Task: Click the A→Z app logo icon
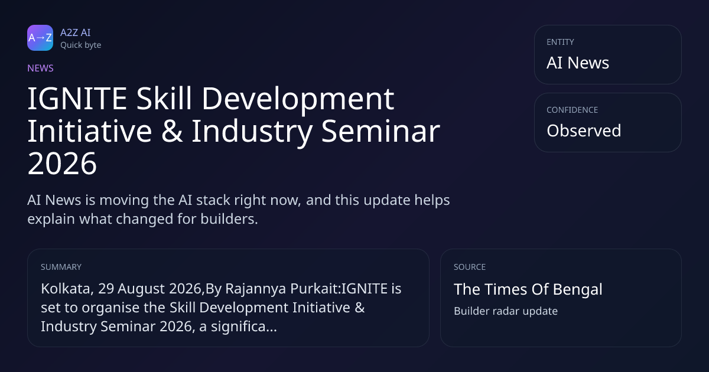click(x=40, y=38)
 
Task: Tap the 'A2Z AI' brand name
click(x=76, y=32)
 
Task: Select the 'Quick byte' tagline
click(x=81, y=45)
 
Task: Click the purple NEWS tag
click(x=40, y=68)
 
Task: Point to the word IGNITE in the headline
click(x=77, y=99)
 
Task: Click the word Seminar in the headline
click(x=380, y=131)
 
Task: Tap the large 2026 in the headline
click(x=62, y=164)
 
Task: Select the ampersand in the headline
click(x=172, y=131)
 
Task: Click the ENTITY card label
click(x=560, y=42)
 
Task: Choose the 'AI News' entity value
click(x=578, y=63)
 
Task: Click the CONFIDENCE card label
click(x=573, y=110)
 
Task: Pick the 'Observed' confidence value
click(x=584, y=130)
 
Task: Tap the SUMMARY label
click(x=61, y=267)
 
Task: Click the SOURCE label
click(x=470, y=267)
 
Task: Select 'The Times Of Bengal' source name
click(x=528, y=289)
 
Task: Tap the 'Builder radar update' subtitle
click(x=506, y=311)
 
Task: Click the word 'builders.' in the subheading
click(x=229, y=219)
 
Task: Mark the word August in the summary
click(x=141, y=289)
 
